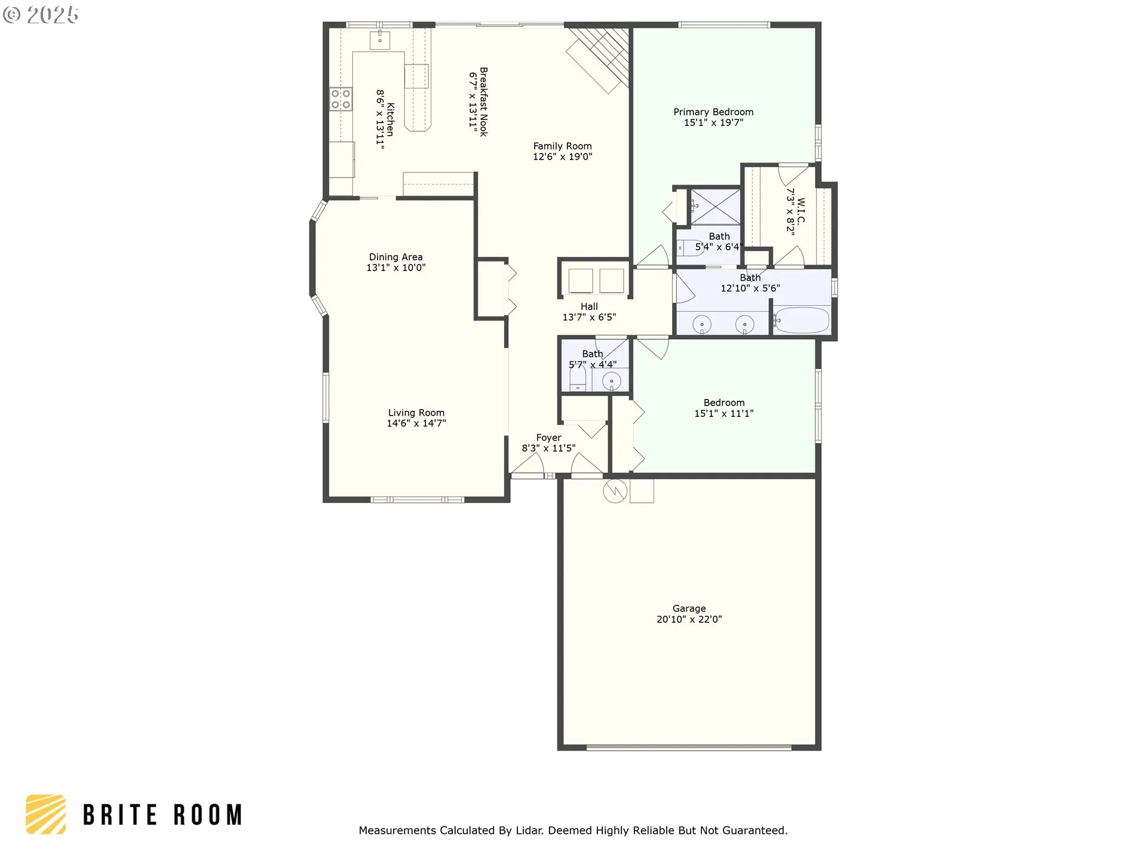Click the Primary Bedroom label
point(713,112)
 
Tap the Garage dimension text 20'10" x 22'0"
point(689,619)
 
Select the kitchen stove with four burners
point(341,99)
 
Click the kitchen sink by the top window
point(380,40)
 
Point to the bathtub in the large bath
point(802,321)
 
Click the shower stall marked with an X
point(715,207)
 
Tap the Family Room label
point(562,146)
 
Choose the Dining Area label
point(395,257)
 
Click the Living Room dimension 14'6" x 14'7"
point(416,423)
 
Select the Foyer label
point(548,438)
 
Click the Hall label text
point(589,307)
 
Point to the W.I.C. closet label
point(801,211)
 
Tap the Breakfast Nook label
point(484,102)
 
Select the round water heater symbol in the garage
point(615,491)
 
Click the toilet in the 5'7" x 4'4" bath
point(578,379)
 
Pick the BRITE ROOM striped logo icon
point(45,814)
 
